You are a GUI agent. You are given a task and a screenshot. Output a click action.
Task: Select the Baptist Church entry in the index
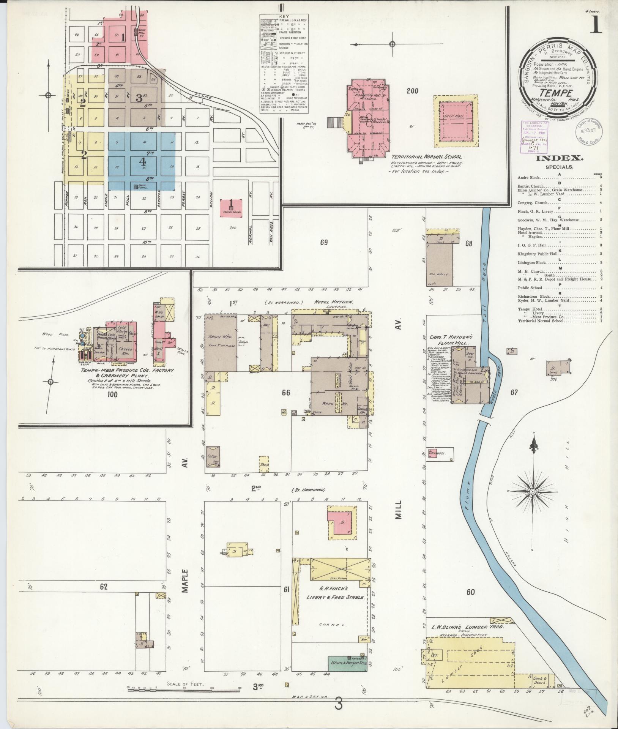531,186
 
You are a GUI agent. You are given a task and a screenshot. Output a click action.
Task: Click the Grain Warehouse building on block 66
221,342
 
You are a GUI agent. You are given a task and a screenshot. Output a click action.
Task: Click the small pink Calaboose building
435,453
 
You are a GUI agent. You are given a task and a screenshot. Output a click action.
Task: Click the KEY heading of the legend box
284,17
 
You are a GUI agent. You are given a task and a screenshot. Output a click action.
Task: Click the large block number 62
104,587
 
